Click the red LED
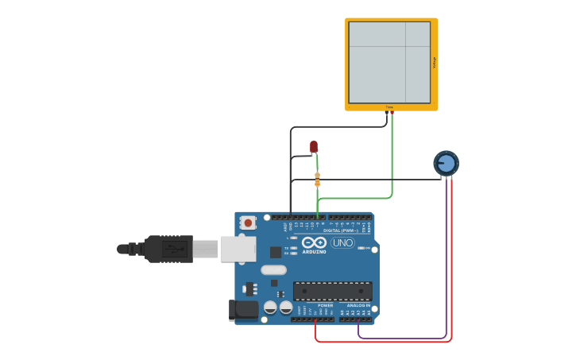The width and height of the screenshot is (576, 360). (314, 146)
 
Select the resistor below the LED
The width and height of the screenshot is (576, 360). (317, 180)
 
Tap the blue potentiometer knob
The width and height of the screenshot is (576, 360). (446, 164)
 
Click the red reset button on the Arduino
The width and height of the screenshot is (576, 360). (248, 223)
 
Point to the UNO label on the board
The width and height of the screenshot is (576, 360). (342, 242)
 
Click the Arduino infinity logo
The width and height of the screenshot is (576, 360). (315, 242)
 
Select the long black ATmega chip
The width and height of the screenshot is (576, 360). (332, 291)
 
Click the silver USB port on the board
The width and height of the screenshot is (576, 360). (238, 249)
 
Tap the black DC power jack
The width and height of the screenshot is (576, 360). (242, 309)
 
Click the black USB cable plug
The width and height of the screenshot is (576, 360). (168, 249)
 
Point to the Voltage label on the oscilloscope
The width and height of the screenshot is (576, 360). (434, 62)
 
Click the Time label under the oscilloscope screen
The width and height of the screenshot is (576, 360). (389, 106)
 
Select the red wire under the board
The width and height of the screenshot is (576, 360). (381, 342)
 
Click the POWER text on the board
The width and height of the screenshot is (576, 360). (326, 305)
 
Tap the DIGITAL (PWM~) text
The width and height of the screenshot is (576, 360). (338, 230)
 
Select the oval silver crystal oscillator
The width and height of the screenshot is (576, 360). (273, 270)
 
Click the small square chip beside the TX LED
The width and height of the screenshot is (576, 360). (276, 252)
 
